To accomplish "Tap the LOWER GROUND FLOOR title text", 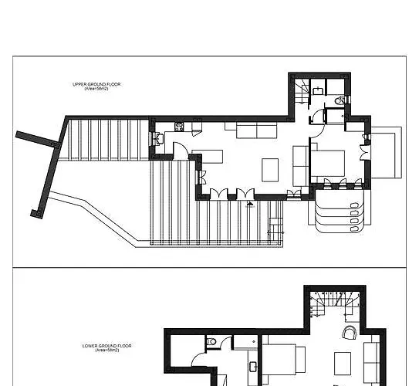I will [x=103, y=346].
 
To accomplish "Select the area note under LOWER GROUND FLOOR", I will [x=103, y=350].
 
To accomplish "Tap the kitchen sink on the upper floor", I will [x=159, y=139].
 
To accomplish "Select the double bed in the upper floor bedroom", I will [x=327, y=162].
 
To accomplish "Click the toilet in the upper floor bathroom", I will [x=340, y=101].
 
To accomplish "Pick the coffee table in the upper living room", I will [x=271, y=168].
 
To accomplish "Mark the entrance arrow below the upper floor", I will [x=249, y=205].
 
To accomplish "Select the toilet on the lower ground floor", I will [x=210, y=342].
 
